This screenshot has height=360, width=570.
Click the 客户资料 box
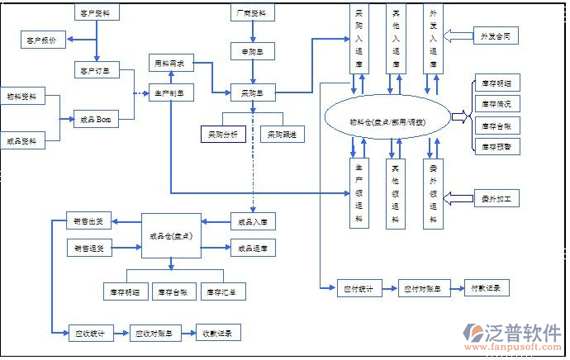coord(97,13)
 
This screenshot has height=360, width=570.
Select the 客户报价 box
coord(42,40)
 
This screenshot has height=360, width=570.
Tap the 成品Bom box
coord(97,120)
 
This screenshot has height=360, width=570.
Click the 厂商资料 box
coord(252,13)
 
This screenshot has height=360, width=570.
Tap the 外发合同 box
coord(496,36)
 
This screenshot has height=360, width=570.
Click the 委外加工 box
coord(496,198)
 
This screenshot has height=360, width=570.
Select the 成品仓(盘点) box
coord(172,236)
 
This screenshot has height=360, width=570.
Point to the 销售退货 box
coord(89,248)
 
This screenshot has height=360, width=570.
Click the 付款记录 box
coord(487,288)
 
